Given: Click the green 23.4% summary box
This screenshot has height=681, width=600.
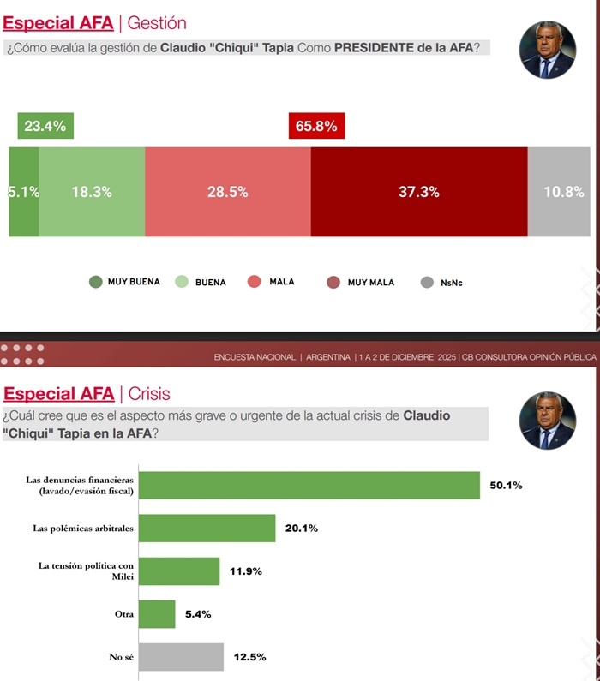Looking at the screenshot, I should (x=45, y=126).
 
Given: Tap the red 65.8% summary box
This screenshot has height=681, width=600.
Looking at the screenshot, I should (x=316, y=126).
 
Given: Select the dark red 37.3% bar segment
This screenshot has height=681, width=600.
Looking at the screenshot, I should (x=418, y=192).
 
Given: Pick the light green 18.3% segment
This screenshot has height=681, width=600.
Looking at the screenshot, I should (x=92, y=192).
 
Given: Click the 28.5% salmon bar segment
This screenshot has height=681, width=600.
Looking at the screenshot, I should (x=227, y=192).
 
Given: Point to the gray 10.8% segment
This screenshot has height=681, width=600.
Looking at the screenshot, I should (x=563, y=192).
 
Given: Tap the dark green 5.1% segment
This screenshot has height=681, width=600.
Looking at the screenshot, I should (x=24, y=192).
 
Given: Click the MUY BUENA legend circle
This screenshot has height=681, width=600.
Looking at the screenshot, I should (x=95, y=282).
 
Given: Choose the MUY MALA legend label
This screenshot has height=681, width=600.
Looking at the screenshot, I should (x=370, y=282).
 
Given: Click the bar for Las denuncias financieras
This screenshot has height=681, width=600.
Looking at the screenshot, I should (x=309, y=485).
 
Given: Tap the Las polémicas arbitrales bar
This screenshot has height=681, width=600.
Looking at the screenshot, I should (x=207, y=528).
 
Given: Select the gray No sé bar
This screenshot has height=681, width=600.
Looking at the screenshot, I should (x=181, y=657).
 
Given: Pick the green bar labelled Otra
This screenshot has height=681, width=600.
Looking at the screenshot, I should (x=157, y=613).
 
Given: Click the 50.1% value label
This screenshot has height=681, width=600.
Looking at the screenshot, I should (x=507, y=485).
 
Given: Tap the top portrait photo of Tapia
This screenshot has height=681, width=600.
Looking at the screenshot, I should (x=547, y=51).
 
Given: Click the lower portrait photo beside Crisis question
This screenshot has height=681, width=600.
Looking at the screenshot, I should (x=547, y=421).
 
